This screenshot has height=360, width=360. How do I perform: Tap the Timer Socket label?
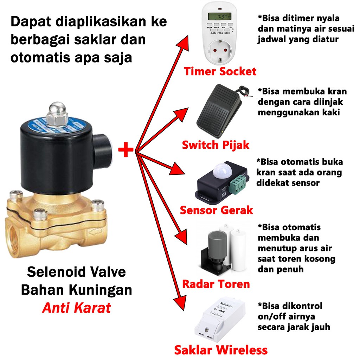coord(220,71)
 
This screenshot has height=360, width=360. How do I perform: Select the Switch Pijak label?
coord(216,144)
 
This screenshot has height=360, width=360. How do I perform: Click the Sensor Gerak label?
coord(216,210)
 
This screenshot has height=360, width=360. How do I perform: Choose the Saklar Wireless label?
coord(221,350)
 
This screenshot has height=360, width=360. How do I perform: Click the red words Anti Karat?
coord(76,308)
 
